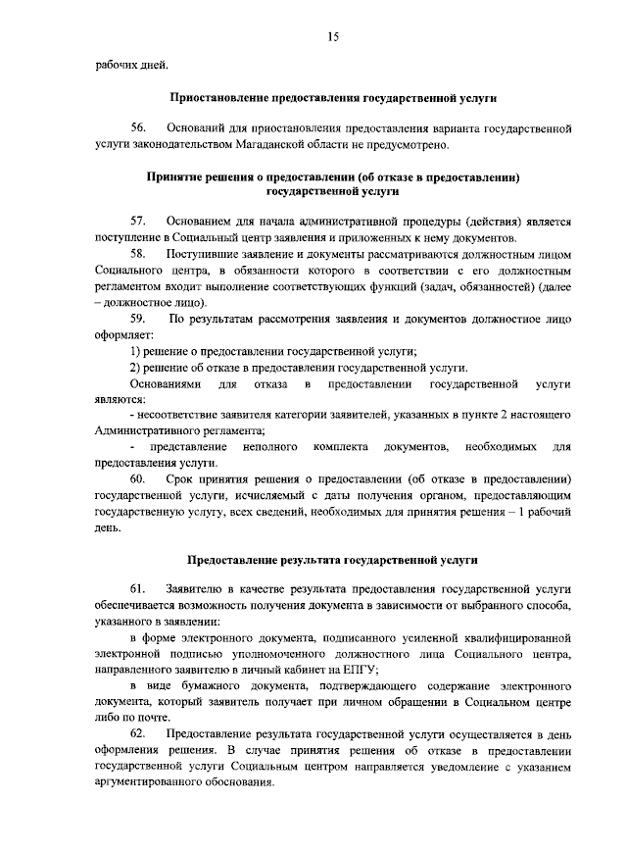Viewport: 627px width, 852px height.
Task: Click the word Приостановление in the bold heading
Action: click(217, 99)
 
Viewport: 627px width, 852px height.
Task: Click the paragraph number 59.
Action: click(139, 319)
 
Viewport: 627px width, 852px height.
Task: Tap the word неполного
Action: click(270, 447)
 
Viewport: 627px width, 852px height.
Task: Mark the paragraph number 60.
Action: click(139, 478)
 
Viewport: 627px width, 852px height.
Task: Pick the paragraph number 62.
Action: click(139, 733)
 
